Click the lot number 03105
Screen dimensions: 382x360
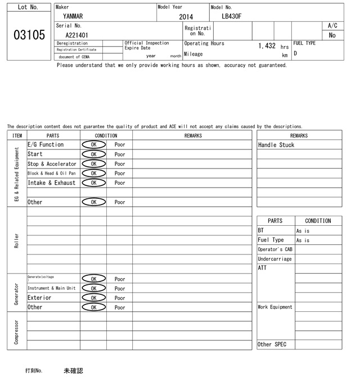29,35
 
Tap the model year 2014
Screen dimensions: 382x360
186,17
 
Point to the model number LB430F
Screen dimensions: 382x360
231,16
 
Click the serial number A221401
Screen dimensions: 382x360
77,35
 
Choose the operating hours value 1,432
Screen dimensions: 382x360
267,46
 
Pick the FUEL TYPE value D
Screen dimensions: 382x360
295,54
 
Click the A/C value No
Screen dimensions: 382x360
332,35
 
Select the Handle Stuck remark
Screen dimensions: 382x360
276,145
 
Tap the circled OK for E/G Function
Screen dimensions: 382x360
93,144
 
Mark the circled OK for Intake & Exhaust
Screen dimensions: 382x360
93,183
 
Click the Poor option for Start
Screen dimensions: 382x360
120,154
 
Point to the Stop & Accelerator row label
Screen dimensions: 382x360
52,164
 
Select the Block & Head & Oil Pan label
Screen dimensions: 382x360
51,173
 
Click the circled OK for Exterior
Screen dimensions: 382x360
93,298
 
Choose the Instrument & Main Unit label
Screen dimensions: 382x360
51,288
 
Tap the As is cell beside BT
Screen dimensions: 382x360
303,231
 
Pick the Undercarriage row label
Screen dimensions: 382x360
274,259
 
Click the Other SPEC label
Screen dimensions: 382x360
272,344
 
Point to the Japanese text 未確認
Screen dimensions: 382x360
73,371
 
